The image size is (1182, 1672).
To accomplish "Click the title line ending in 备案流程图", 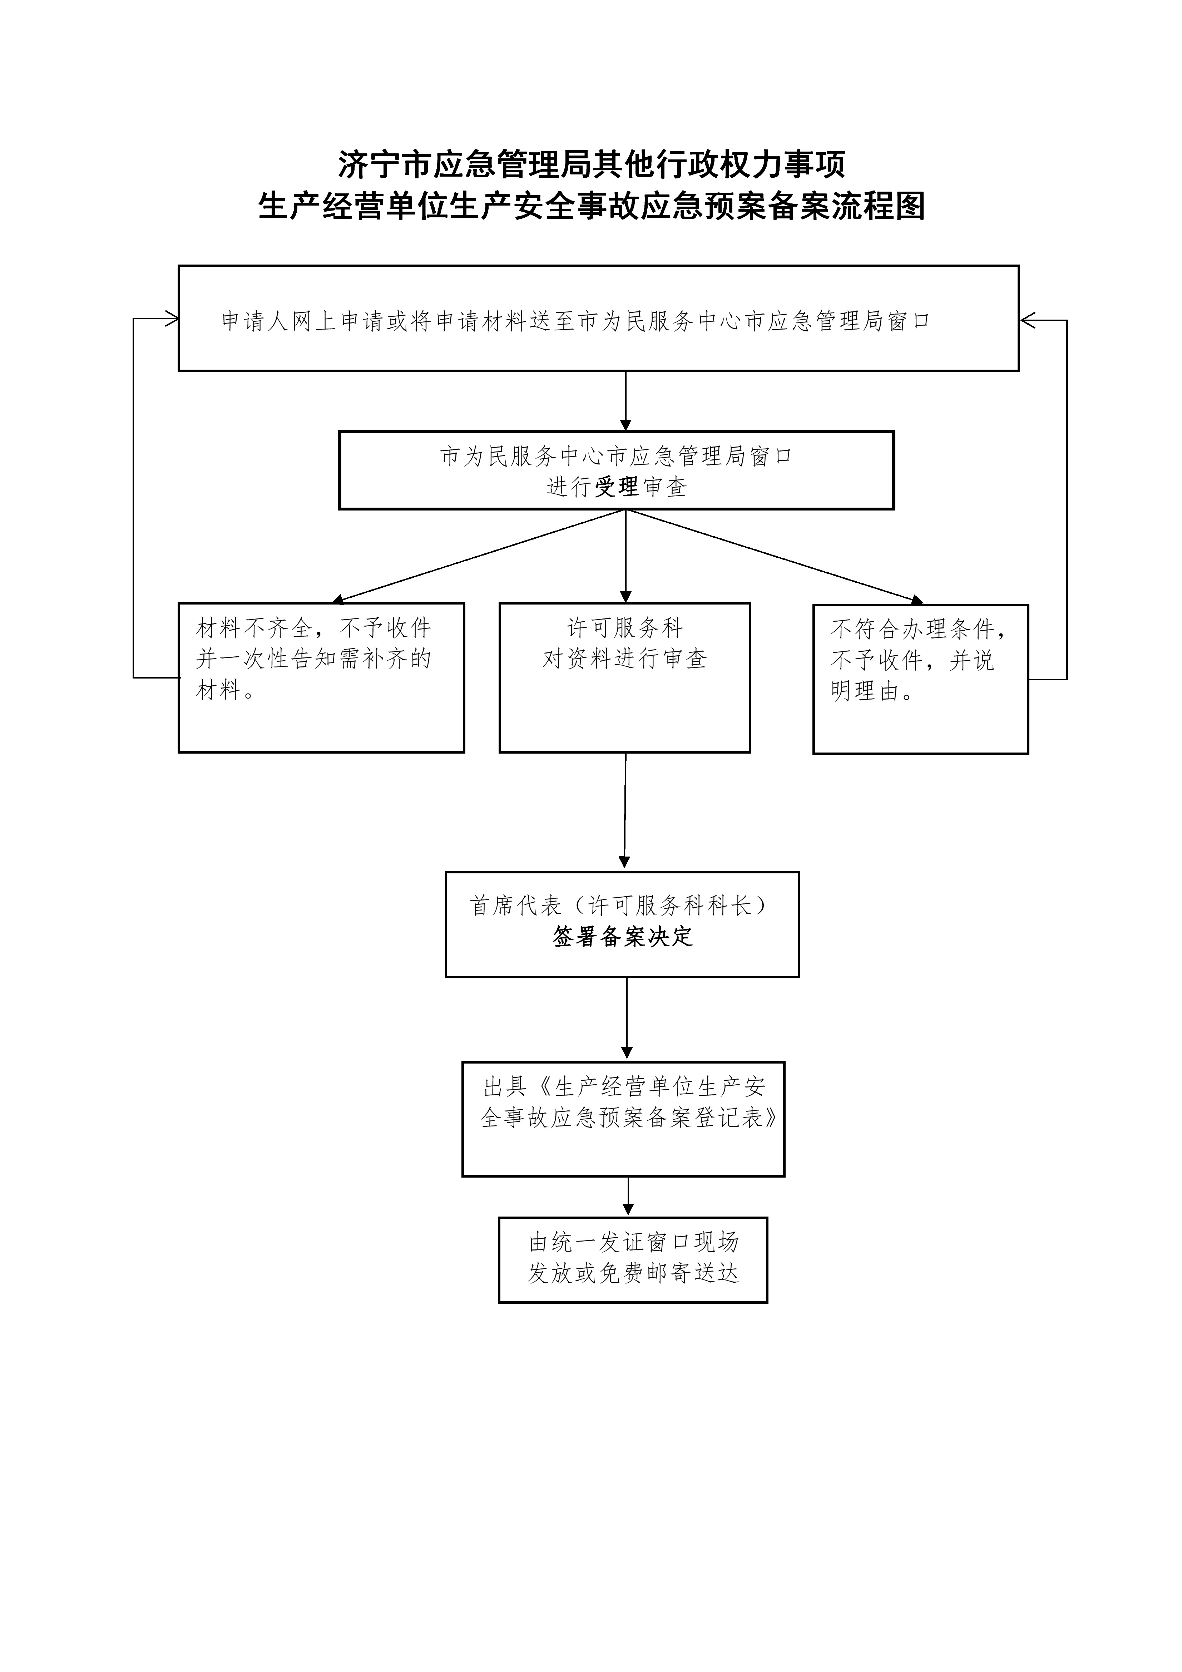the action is coord(592,206).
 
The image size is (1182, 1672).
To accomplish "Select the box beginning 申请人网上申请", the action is coord(599,318).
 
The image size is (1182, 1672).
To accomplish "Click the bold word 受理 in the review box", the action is coord(617,487).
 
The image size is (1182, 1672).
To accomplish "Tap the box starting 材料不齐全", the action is coord(321,677).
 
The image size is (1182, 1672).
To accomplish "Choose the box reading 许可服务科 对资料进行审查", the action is coord(625,677).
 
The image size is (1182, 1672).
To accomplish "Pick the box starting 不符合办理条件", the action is coord(921,679).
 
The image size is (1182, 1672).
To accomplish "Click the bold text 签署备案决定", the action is coord(623,937).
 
